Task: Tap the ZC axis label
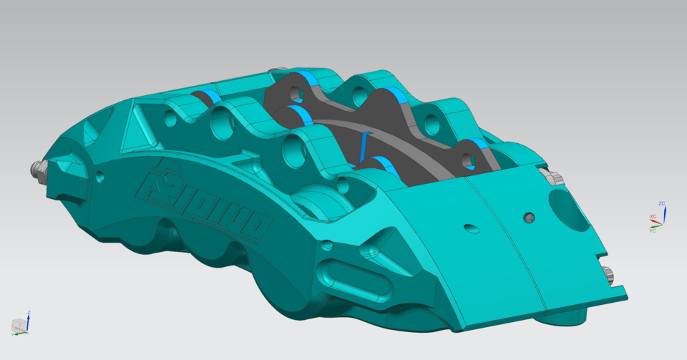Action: click(x=662, y=204)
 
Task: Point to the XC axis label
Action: click(x=652, y=216)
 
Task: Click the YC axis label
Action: click(x=652, y=230)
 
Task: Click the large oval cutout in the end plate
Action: click(x=570, y=209)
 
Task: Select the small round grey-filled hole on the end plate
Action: click(x=529, y=217)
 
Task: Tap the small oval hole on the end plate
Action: click(x=471, y=228)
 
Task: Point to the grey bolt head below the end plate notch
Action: click(x=609, y=274)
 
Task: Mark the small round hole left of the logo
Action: click(x=99, y=175)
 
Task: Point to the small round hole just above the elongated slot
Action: click(x=327, y=245)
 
